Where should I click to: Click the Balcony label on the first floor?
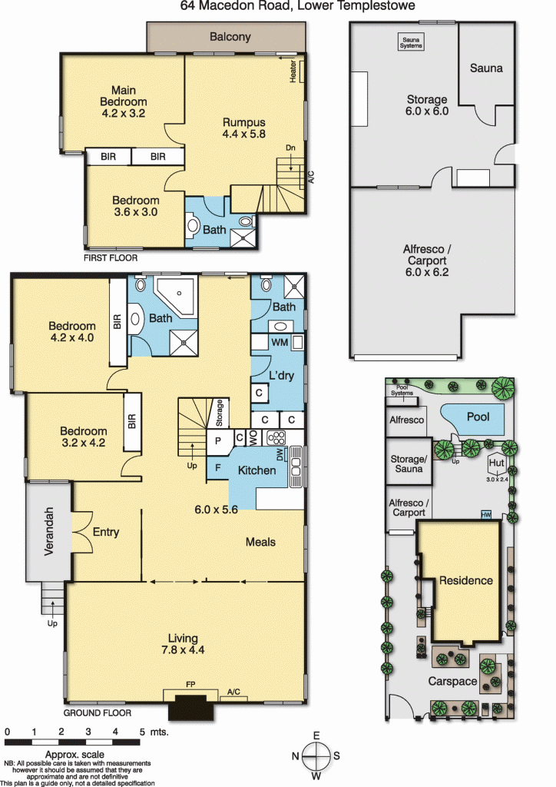[230, 37]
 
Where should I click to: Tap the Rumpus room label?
[244, 122]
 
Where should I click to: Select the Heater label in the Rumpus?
[293, 71]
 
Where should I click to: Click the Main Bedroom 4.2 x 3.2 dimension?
[124, 113]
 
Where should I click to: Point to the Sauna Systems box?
[411, 42]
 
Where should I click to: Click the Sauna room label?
[486, 68]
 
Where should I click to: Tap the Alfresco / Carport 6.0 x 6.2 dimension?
[427, 272]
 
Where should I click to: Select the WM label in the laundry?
[280, 342]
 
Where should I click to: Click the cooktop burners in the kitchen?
[276, 437]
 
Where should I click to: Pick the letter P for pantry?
[218, 441]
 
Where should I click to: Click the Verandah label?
[48, 531]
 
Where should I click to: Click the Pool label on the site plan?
[478, 417]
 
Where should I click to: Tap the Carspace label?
[452, 681]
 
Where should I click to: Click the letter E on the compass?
[316, 736]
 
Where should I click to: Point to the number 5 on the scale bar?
[142, 732]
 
